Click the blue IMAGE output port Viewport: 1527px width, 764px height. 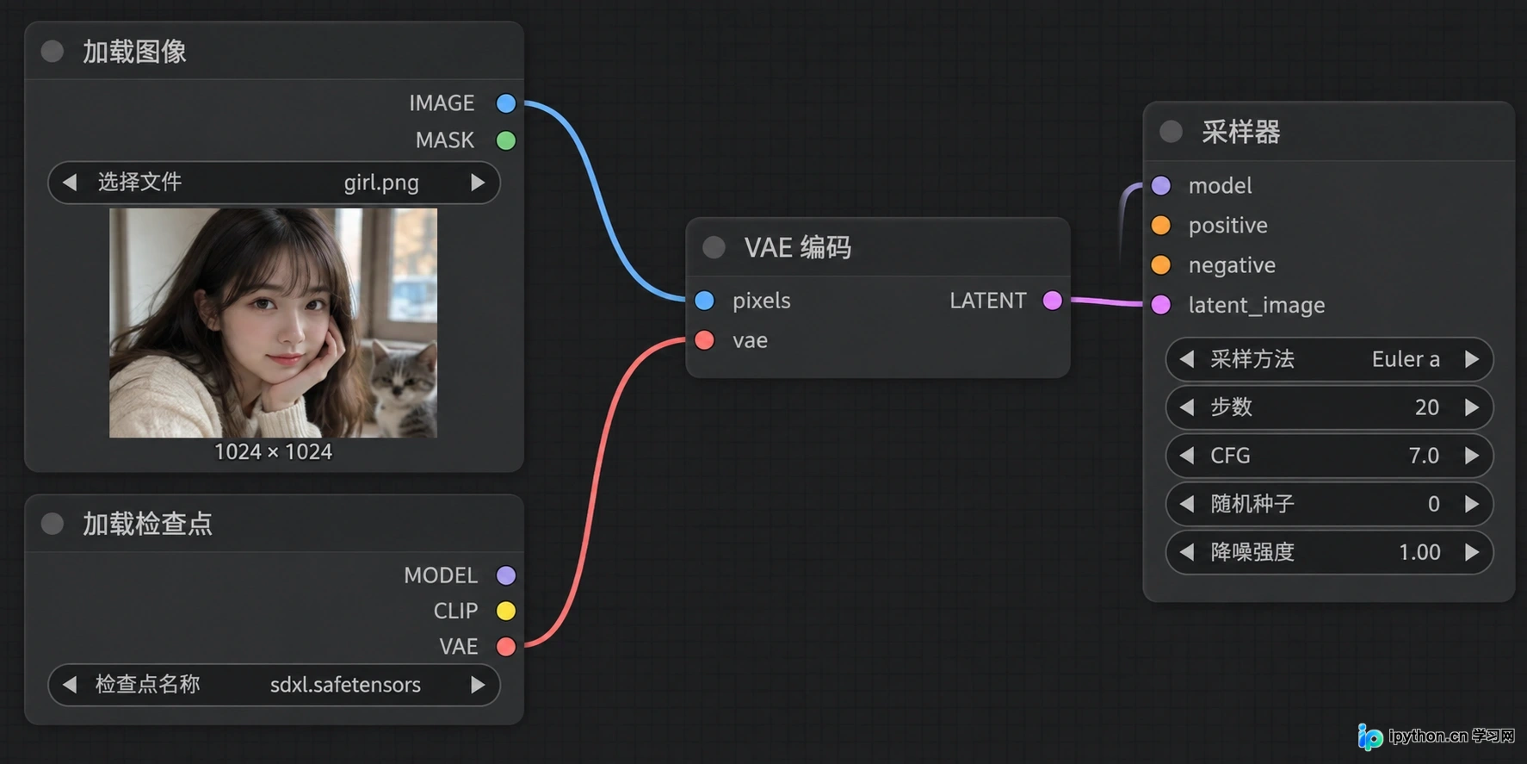[506, 103]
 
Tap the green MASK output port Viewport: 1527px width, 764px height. [506, 140]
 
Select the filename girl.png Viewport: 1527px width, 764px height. [381, 183]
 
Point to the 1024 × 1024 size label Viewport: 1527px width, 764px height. [273, 452]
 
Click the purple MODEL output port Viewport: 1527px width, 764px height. [506, 575]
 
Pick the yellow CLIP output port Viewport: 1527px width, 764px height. [506, 611]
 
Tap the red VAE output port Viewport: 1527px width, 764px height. [506, 646]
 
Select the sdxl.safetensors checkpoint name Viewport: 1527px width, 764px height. [345, 685]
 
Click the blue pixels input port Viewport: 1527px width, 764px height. [704, 301]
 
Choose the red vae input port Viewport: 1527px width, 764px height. [704, 340]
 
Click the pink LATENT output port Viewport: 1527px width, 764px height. [1052, 301]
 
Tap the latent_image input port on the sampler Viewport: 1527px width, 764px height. [1161, 305]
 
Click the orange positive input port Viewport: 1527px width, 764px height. [1161, 226]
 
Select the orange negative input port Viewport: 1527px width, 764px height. [1161, 265]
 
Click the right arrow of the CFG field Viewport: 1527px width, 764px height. [1472, 456]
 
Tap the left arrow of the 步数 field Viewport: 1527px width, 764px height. [1187, 407]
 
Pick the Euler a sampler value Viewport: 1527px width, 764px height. [1406, 359]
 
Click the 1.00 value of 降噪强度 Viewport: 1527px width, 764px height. [1419, 552]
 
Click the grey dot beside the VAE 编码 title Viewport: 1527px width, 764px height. [714, 248]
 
